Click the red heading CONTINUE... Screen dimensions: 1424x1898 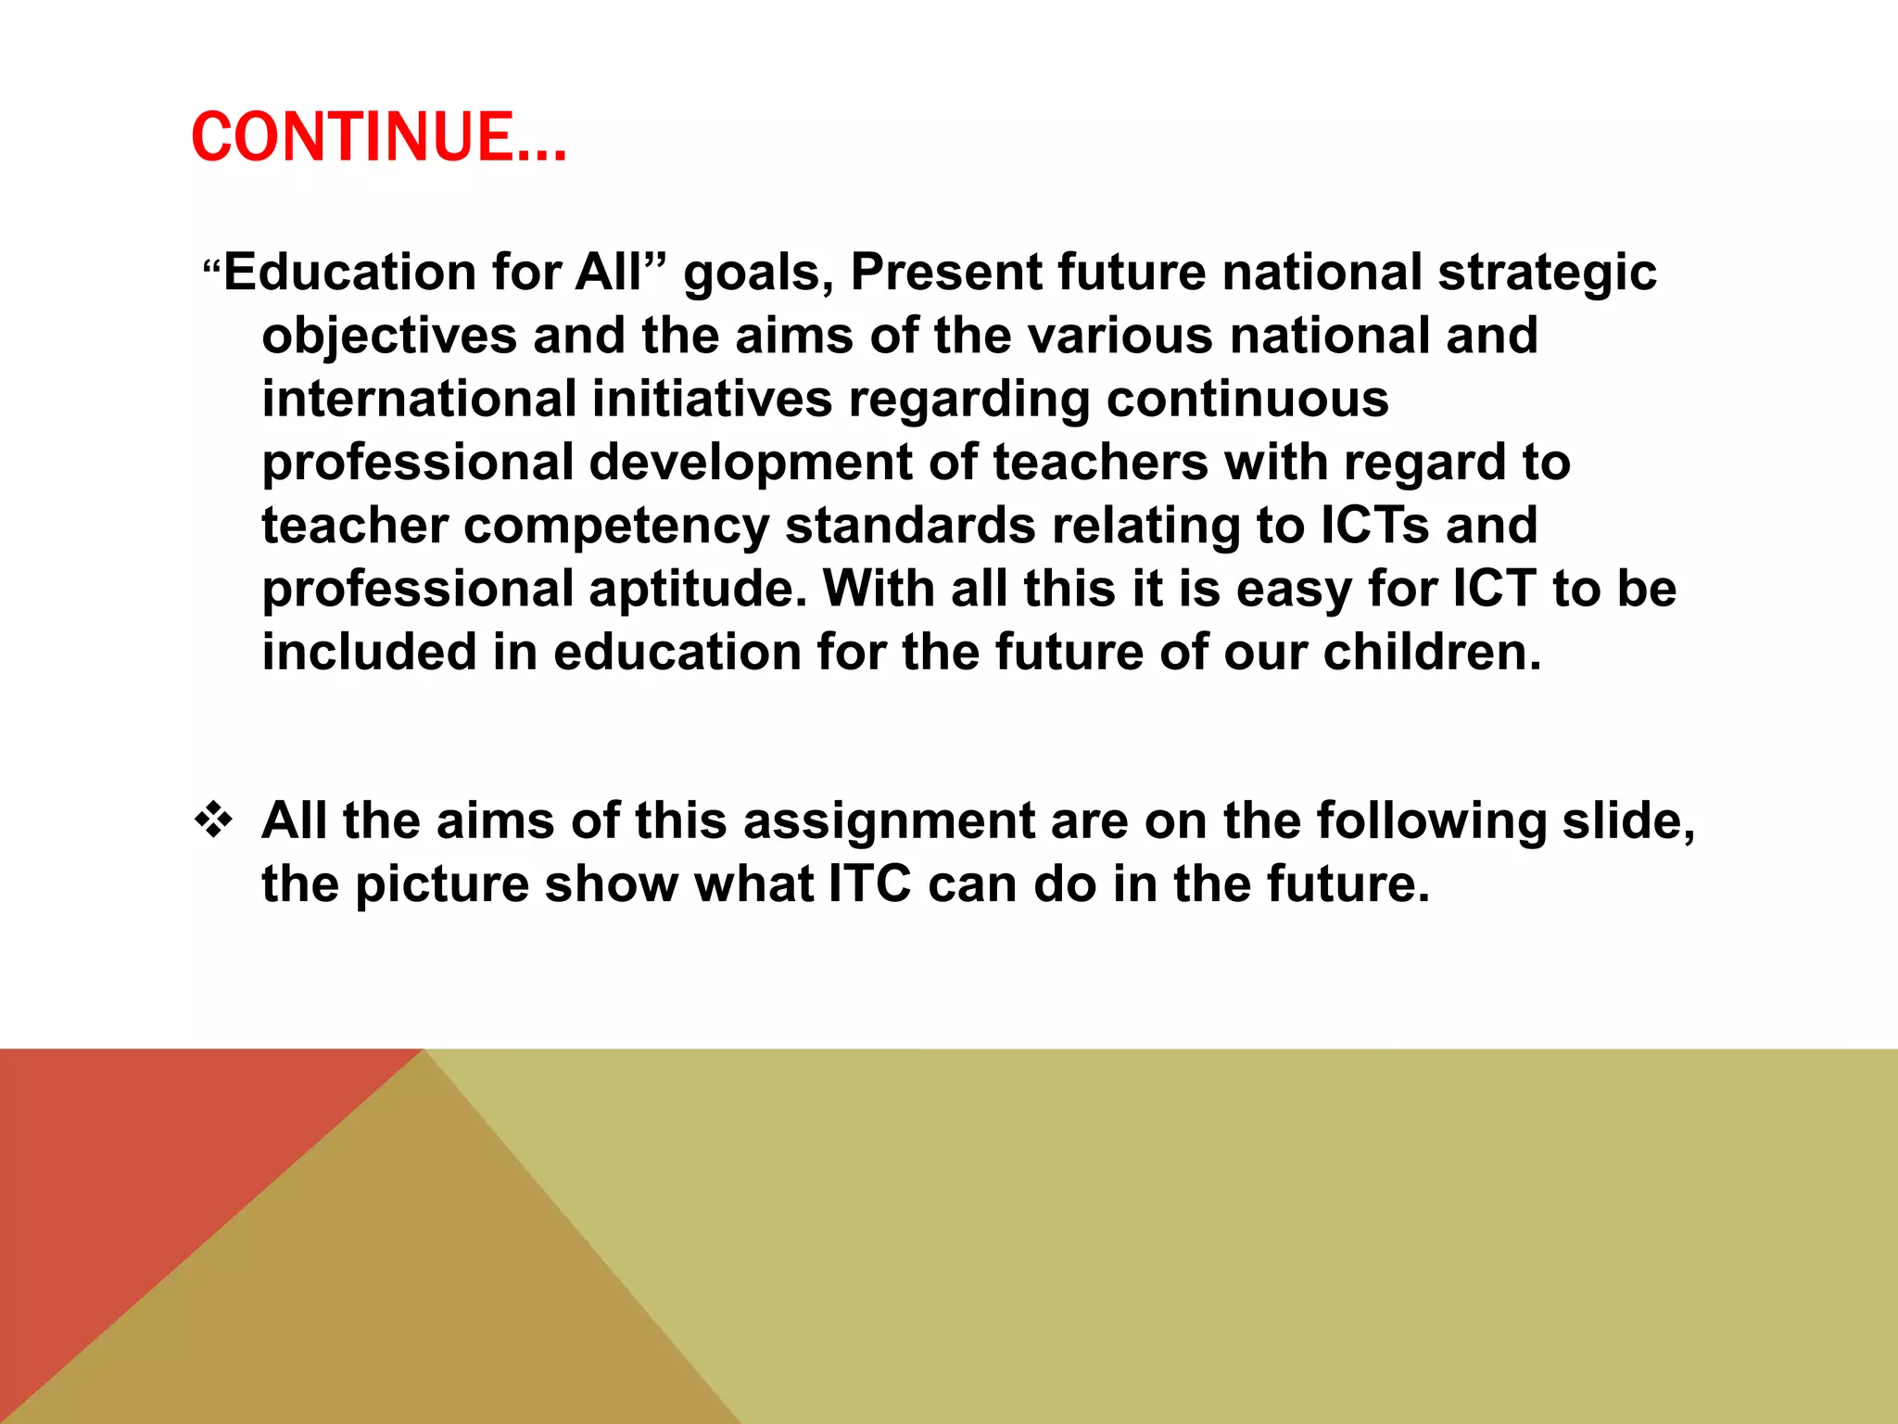(x=378, y=137)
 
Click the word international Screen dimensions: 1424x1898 (x=419, y=399)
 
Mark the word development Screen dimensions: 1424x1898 (x=751, y=464)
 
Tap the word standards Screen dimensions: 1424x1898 (x=910, y=526)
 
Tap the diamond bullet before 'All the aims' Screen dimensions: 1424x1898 (x=214, y=820)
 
